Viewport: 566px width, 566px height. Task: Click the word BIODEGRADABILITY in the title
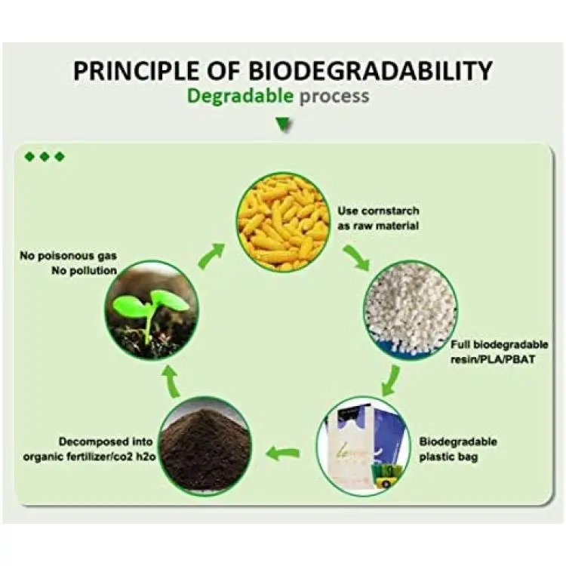click(x=370, y=70)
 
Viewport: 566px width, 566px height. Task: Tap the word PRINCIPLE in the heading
click(x=135, y=70)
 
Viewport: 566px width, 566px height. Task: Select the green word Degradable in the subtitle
click(x=240, y=97)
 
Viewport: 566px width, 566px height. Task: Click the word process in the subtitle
click(x=334, y=97)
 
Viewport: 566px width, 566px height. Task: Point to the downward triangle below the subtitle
click(x=284, y=125)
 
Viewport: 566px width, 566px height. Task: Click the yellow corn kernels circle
click(x=283, y=222)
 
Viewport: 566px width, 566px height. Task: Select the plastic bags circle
click(x=363, y=446)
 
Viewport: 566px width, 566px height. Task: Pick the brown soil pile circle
click(x=205, y=446)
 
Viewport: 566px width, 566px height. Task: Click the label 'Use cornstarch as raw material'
click(x=378, y=218)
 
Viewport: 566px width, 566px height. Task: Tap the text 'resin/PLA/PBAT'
click(x=493, y=359)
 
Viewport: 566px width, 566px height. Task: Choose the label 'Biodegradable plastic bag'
click(x=458, y=449)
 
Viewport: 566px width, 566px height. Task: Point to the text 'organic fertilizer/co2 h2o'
click(x=89, y=457)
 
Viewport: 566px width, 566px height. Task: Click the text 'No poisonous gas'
click(x=68, y=256)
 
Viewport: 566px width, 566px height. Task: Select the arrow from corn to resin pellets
click(x=357, y=257)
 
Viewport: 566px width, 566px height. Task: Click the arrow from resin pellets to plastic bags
click(x=391, y=380)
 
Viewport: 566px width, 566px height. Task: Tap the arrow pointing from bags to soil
click(x=283, y=453)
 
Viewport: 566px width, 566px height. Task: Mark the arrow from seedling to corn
click(x=211, y=256)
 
